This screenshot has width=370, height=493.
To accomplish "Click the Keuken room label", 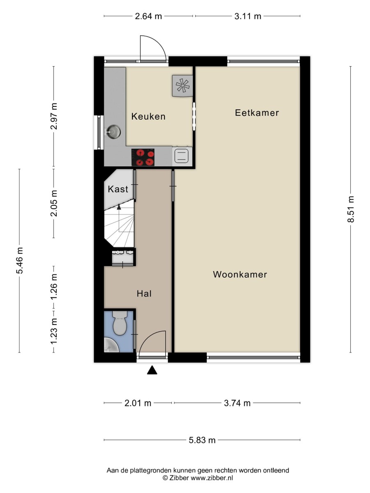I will click(148, 117).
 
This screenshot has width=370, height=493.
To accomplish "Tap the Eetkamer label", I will click(257, 113).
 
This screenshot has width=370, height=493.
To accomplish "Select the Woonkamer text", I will click(240, 274).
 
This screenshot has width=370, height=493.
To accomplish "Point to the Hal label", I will click(144, 293).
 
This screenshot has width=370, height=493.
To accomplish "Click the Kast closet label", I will click(118, 189).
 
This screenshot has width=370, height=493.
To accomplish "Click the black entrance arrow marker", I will click(153, 371).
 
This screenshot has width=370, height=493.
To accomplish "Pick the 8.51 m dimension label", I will click(351, 209).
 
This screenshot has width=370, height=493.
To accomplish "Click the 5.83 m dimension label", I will click(202, 440).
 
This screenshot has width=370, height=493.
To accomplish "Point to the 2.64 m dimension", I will click(148, 16).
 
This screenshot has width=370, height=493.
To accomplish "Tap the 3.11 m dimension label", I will click(248, 16).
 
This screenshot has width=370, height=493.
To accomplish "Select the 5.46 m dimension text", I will click(20, 260).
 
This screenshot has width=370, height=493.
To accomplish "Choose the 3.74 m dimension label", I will click(237, 403).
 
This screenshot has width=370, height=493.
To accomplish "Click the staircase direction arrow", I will click(119, 207).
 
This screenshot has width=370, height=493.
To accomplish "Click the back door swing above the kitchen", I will click(153, 48).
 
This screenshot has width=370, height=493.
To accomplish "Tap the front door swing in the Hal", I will click(153, 342).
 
